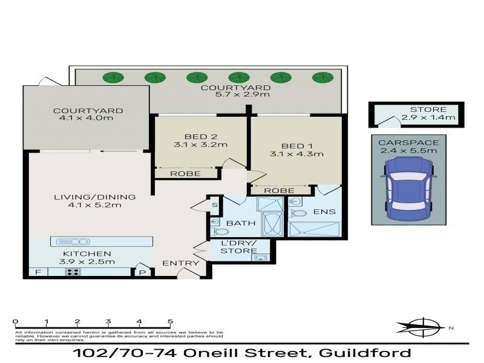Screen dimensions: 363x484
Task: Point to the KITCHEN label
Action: pyautogui.click(x=87, y=253)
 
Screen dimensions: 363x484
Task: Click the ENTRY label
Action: pyautogui.click(x=180, y=263)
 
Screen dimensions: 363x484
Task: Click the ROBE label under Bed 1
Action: pyautogui.click(x=280, y=190)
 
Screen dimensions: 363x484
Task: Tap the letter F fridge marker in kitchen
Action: pyautogui.click(x=38, y=272)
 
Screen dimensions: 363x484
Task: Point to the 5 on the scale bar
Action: pyautogui.click(x=170, y=322)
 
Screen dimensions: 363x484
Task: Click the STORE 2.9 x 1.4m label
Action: pyautogui.click(x=428, y=113)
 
